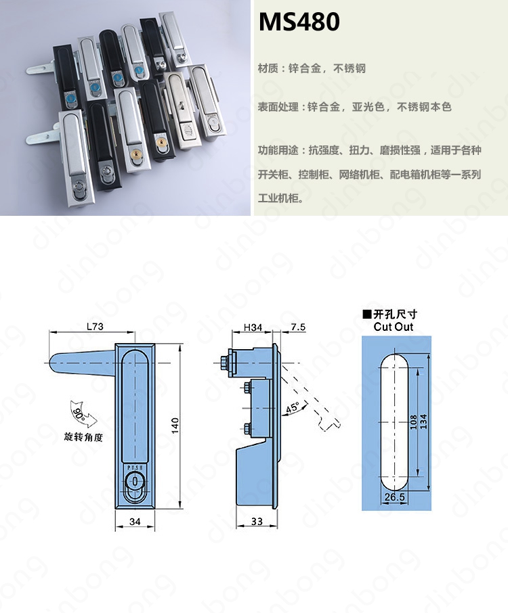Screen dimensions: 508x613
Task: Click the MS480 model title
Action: [299, 22]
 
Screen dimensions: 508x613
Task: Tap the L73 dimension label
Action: [95, 326]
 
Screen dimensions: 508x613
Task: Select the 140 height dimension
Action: [175, 426]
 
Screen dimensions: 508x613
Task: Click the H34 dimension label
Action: [253, 327]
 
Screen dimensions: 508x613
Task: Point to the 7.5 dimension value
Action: [298, 327]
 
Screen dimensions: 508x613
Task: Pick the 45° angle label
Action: [293, 408]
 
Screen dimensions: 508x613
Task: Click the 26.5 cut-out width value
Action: [394, 497]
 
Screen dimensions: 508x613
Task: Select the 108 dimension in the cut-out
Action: [414, 422]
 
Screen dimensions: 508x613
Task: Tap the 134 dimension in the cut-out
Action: [423, 422]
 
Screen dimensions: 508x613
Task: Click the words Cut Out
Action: [393, 327]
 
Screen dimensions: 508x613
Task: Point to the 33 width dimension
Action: [257, 521]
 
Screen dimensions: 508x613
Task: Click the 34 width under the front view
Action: [135, 521]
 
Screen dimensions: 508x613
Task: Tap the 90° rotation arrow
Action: [83, 415]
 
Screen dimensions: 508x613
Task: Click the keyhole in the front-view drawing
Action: [135, 482]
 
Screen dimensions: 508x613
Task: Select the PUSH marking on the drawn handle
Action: [135, 468]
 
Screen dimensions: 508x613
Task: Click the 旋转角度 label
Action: [83, 437]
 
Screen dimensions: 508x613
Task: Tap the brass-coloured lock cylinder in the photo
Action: [161, 143]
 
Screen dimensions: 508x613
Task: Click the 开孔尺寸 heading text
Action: [396, 315]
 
